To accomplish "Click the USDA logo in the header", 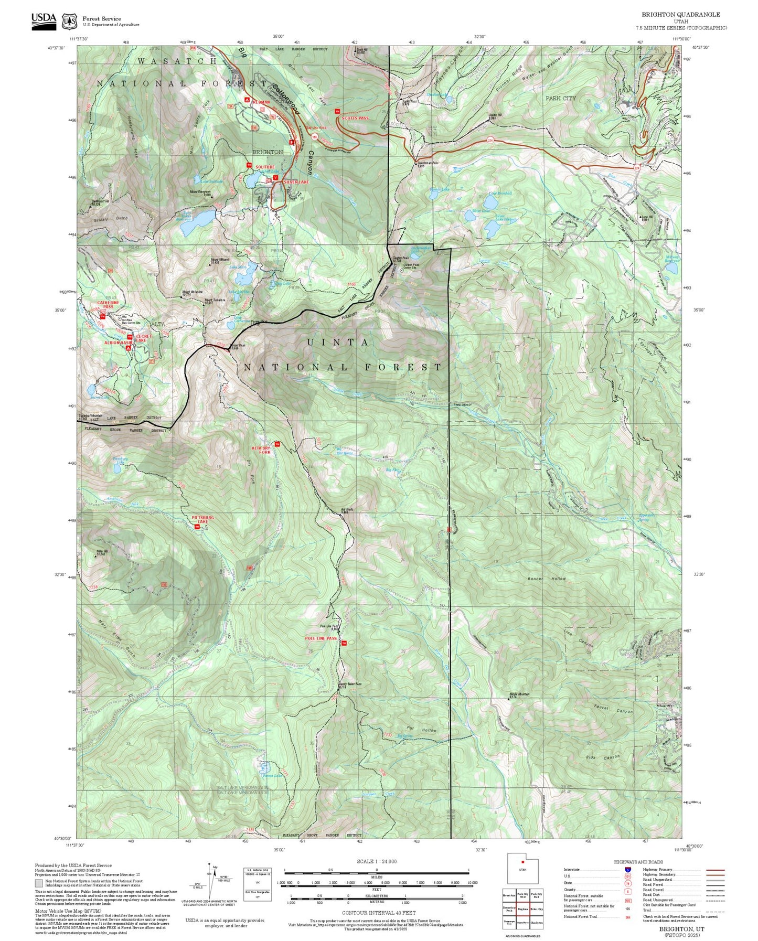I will pos(44,19).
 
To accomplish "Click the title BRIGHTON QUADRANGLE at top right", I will pos(681,15).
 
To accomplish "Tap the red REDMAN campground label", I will pos(261,102).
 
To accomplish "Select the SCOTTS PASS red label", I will pos(355,119).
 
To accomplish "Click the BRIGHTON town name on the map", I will pos(268,152).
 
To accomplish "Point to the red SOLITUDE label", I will pos(265,167).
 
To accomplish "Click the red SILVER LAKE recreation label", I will pos(296,181).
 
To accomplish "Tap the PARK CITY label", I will pos(560,98).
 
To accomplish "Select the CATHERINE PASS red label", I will pos(108,304).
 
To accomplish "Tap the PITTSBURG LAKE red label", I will pos(203,519).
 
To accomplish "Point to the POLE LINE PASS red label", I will pos(321,638).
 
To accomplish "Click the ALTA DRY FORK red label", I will pos(261,450).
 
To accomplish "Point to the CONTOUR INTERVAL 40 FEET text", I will pos(377,912).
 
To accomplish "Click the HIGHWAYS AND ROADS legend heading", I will pos(638,862).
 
